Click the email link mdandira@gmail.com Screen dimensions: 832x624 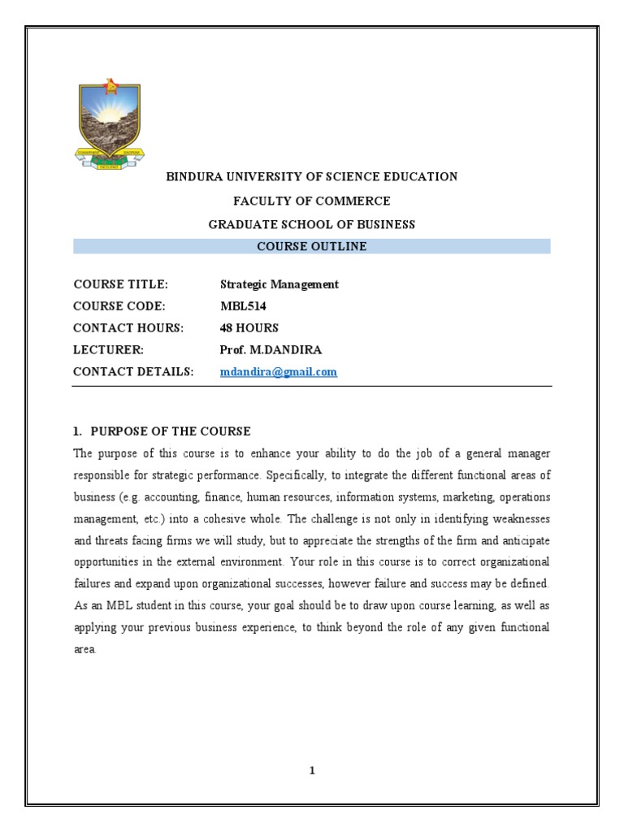pyautogui.click(x=278, y=372)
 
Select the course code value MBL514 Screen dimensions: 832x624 pyautogui.click(x=243, y=306)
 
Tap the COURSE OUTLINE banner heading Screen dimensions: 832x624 pyautogui.click(x=312, y=246)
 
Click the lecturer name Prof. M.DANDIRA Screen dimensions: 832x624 pyautogui.click(x=270, y=350)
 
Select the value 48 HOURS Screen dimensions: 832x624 pyautogui.click(x=249, y=328)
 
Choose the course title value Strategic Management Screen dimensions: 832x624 pyautogui.click(x=279, y=284)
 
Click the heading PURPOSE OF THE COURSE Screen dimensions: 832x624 pyautogui.click(x=171, y=431)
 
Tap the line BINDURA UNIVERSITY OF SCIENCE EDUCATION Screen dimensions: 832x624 pyautogui.click(x=312, y=176)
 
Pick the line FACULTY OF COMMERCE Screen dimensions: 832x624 pyautogui.click(x=312, y=201)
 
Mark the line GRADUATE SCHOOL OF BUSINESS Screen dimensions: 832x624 pyautogui.click(x=312, y=224)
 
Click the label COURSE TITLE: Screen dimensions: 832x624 pyautogui.click(x=120, y=284)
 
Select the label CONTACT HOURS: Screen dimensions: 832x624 pyautogui.click(x=128, y=328)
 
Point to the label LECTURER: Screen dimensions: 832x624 pyautogui.click(x=108, y=350)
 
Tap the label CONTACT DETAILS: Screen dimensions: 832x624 pyautogui.click(x=133, y=372)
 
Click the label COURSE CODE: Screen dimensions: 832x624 pyautogui.click(x=119, y=306)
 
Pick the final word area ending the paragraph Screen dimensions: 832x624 pyautogui.click(x=84, y=650)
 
